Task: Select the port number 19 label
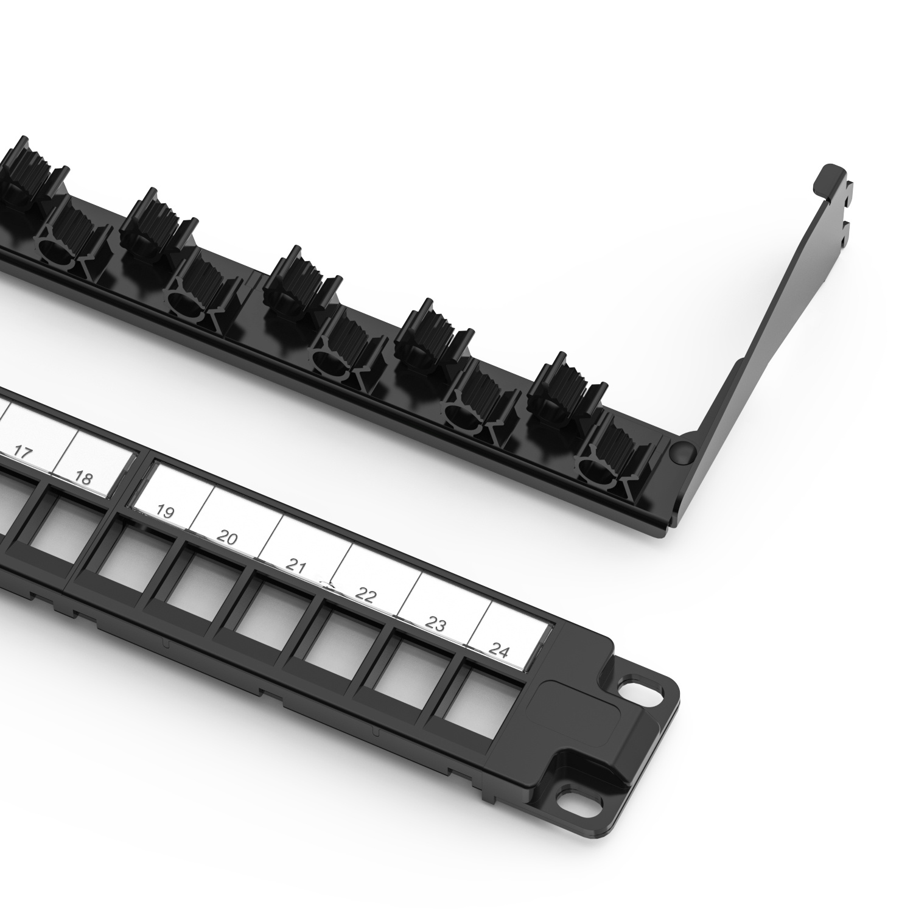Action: tap(164, 511)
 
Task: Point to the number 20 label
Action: tap(227, 538)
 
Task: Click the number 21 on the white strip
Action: tap(296, 567)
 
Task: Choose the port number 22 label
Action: tap(365, 595)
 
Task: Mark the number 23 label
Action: tap(436, 623)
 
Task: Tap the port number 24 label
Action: tap(499, 651)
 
